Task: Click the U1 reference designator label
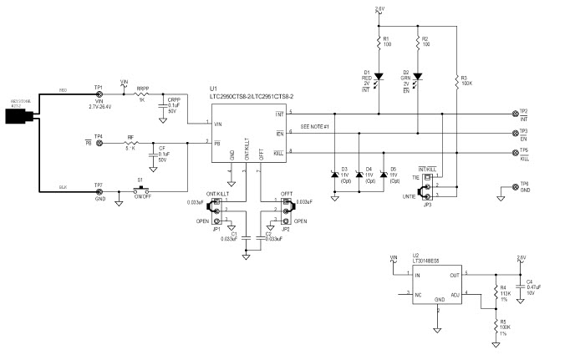coord(214,89)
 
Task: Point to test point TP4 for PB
coord(99,144)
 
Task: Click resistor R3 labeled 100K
coord(456,80)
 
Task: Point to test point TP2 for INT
coord(513,113)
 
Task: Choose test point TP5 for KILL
coord(513,152)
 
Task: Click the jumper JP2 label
coord(285,227)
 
